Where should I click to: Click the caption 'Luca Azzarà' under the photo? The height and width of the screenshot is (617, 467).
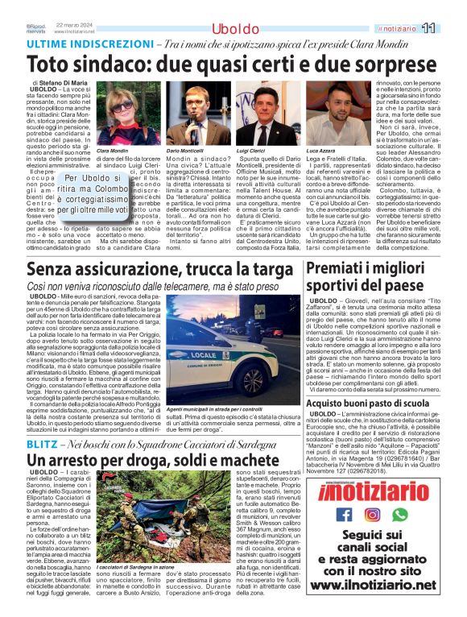click(x=320, y=151)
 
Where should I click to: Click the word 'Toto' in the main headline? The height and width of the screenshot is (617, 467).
click(x=52, y=63)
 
